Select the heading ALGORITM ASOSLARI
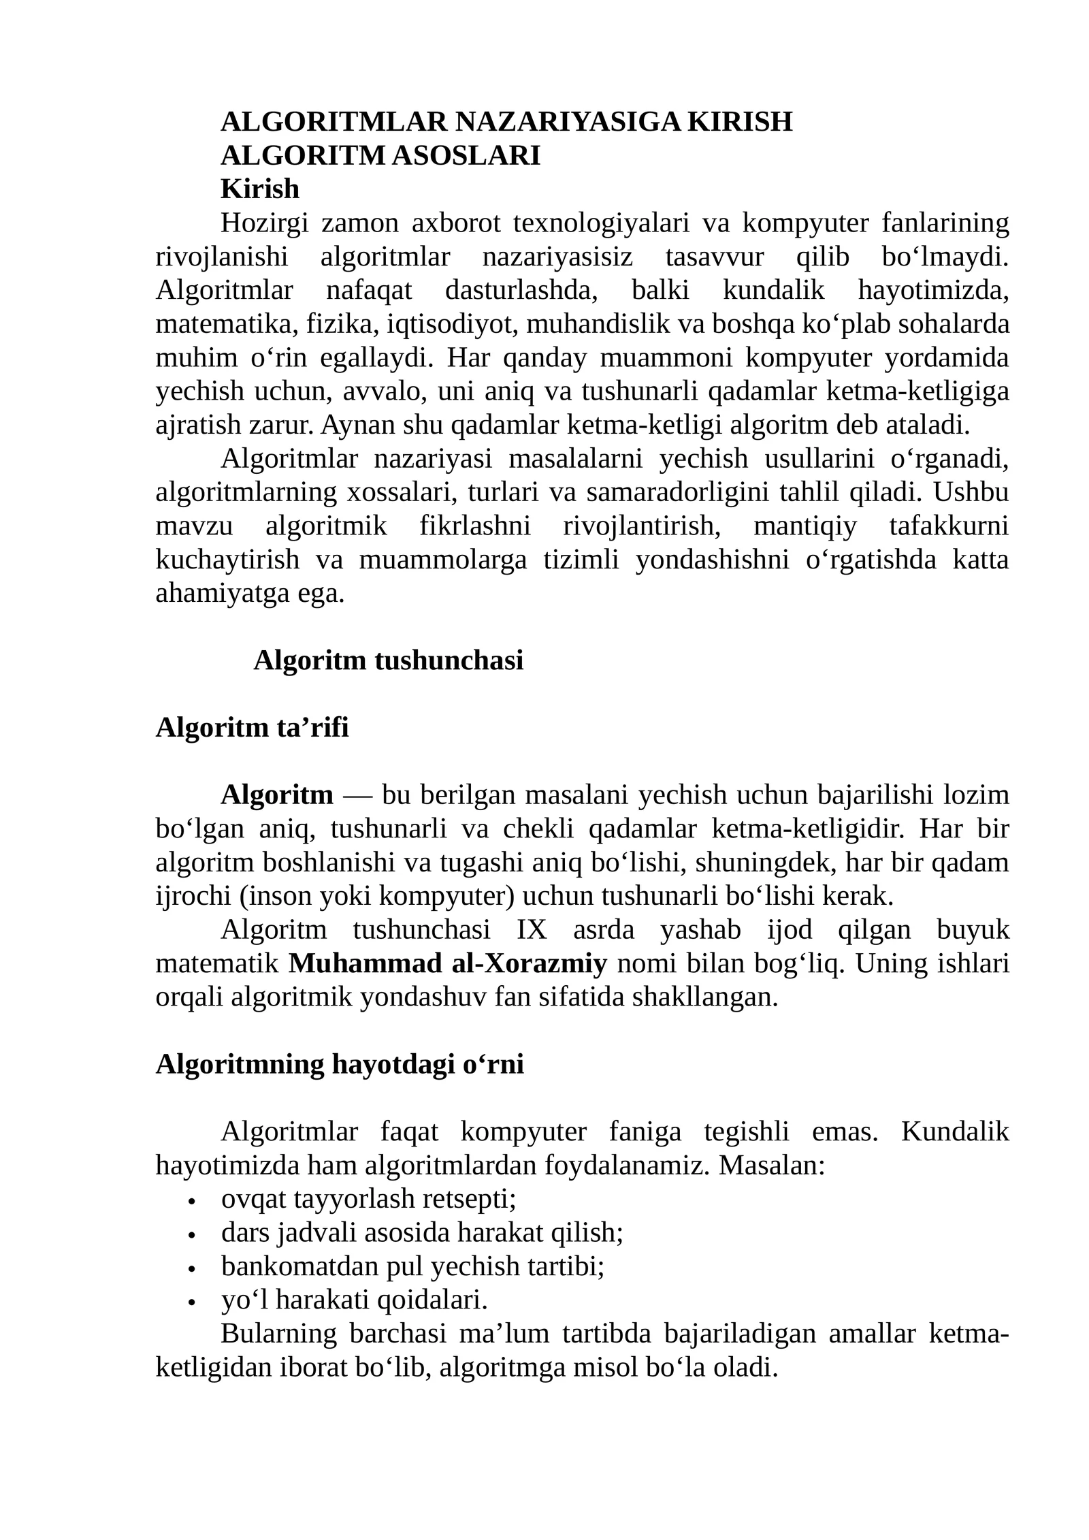coord(380,156)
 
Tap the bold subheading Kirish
coord(260,189)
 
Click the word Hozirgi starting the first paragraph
coord(264,223)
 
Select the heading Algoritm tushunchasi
coord(389,660)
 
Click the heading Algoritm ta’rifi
coord(252,728)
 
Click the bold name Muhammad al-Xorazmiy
coord(448,964)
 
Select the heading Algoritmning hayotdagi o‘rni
coord(340,1065)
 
